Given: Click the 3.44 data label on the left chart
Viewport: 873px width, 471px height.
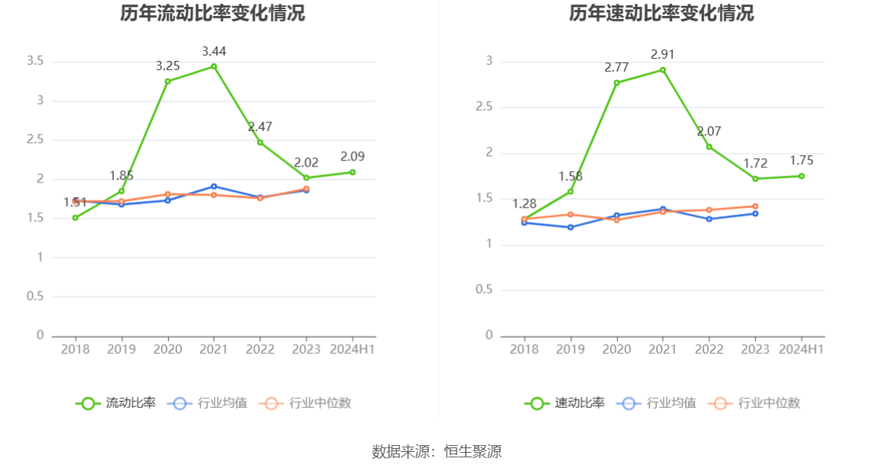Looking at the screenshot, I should (x=214, y=51).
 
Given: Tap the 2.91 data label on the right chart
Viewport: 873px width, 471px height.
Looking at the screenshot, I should (x=662, y=54).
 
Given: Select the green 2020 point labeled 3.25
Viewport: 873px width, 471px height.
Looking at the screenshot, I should (x=167, y=81).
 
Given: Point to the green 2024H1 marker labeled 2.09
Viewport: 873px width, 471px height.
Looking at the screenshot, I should (x=352, y=172).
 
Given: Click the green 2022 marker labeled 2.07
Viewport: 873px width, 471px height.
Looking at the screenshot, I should (x=709, y=147).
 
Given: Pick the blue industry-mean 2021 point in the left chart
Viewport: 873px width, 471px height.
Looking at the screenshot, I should (x=214, y=186).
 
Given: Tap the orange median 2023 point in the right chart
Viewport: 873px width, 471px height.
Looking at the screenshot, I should (x=755, y=206).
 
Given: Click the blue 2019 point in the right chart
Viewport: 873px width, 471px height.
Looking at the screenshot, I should (x=570, y=228).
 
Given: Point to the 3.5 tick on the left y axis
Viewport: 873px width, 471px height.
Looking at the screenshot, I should (x=35, y=61).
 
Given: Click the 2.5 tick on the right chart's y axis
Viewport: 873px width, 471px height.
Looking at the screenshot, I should (x=485, y=107).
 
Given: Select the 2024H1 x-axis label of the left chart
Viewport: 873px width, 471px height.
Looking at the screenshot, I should (x=352, y=349).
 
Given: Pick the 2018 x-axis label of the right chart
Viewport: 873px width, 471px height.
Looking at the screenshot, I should (x=524, y=349).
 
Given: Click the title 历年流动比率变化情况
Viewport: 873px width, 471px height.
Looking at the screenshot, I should (x=212, y=13).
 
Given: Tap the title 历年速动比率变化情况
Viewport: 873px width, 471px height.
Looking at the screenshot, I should (x=661, y=13).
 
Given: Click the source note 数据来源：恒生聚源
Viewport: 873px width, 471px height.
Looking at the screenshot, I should (x=436, y=451).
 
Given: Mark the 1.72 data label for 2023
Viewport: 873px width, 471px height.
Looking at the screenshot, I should (x=755, y=163).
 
